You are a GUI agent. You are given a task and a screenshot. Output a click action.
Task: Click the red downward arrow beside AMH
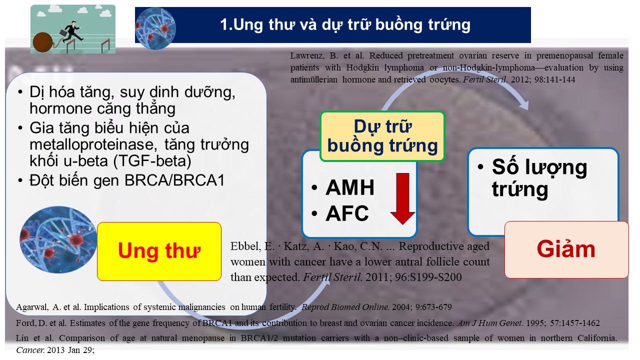[402, 198]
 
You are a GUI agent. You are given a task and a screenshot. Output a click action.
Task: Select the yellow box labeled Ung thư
[159, 251]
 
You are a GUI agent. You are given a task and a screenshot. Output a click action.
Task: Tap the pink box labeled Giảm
[566, 249]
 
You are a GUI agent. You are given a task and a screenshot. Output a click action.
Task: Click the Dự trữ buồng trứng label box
[382, 136]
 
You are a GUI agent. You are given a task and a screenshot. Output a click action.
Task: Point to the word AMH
[350, 187]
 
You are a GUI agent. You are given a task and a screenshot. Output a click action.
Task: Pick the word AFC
[347, 213]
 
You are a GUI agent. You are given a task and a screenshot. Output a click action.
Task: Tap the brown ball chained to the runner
[42, 42]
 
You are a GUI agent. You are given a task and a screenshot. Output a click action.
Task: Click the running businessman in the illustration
[71, 32]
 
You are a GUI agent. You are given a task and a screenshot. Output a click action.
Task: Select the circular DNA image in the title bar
[155, 28]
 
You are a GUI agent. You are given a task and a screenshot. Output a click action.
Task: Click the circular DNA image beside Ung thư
[58, 239]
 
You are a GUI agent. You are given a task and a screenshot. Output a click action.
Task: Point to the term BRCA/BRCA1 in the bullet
[174, 180]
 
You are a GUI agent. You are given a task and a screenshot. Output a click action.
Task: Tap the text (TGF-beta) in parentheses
[152, 161]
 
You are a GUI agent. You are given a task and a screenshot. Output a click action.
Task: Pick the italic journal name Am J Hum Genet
[490, 323]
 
